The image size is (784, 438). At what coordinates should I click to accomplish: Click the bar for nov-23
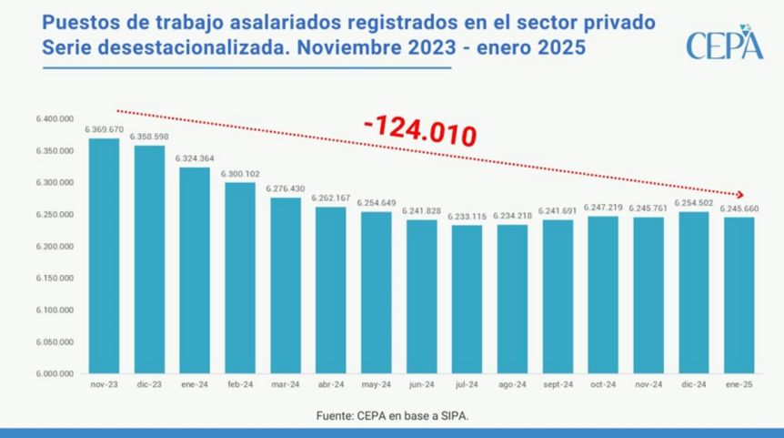[104, 256]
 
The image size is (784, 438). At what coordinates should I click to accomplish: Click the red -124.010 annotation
[419, 133]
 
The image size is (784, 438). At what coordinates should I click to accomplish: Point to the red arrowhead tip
[744, 195]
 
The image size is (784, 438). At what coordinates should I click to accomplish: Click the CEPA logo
[724, 43]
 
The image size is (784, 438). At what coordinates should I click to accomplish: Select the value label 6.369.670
[104, 130]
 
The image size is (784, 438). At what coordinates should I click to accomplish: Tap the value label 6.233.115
[467, 217]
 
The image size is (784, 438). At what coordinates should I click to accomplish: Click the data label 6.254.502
[693, 203]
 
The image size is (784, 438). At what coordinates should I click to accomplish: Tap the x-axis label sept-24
[558, 384]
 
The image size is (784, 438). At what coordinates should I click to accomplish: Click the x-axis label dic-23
[149, 384]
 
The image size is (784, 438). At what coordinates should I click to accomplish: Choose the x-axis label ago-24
[512, 384]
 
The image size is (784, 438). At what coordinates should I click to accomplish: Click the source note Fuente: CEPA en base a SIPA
[393, 415]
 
